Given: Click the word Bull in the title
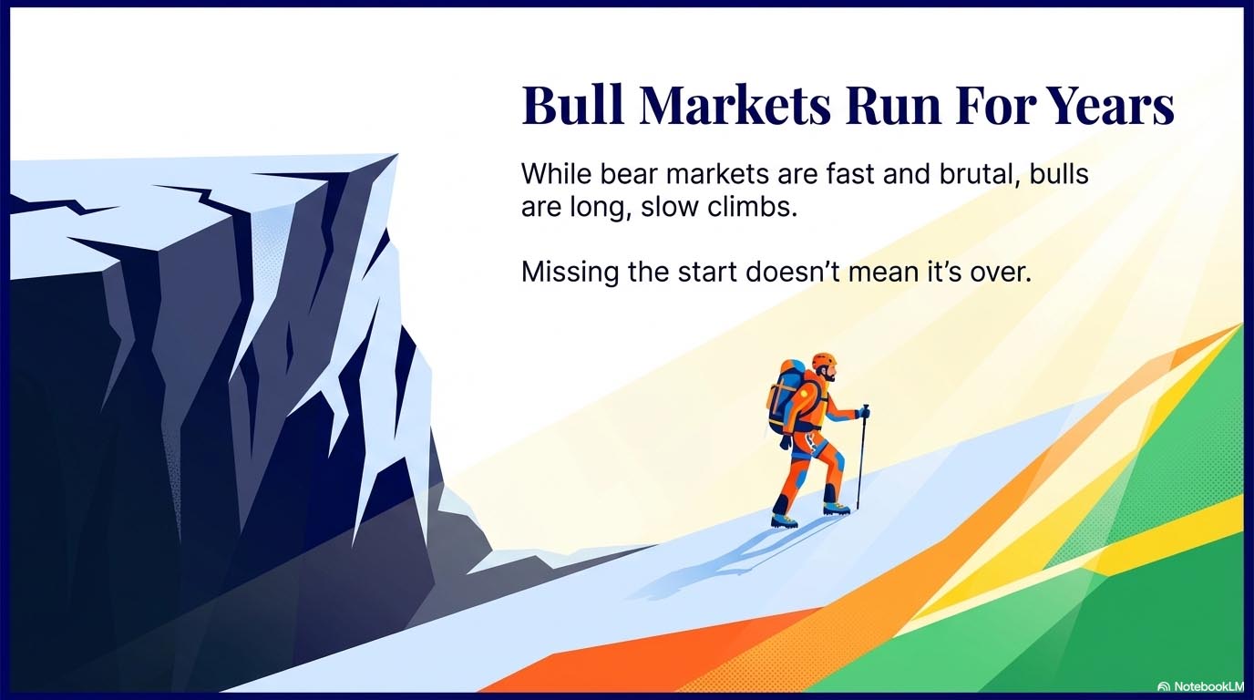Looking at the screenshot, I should click(x=570, y=107).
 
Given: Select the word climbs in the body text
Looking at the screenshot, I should click(x=756, y=207).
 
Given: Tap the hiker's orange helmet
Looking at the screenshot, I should click(x=823, y=361).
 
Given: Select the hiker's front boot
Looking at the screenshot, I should click(x=837, y=508).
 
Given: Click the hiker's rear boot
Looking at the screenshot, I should click(x=784, y=520).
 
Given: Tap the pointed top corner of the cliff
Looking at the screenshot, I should click(x=396, y=156).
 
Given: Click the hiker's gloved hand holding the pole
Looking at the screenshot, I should click(x=863, y=413).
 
